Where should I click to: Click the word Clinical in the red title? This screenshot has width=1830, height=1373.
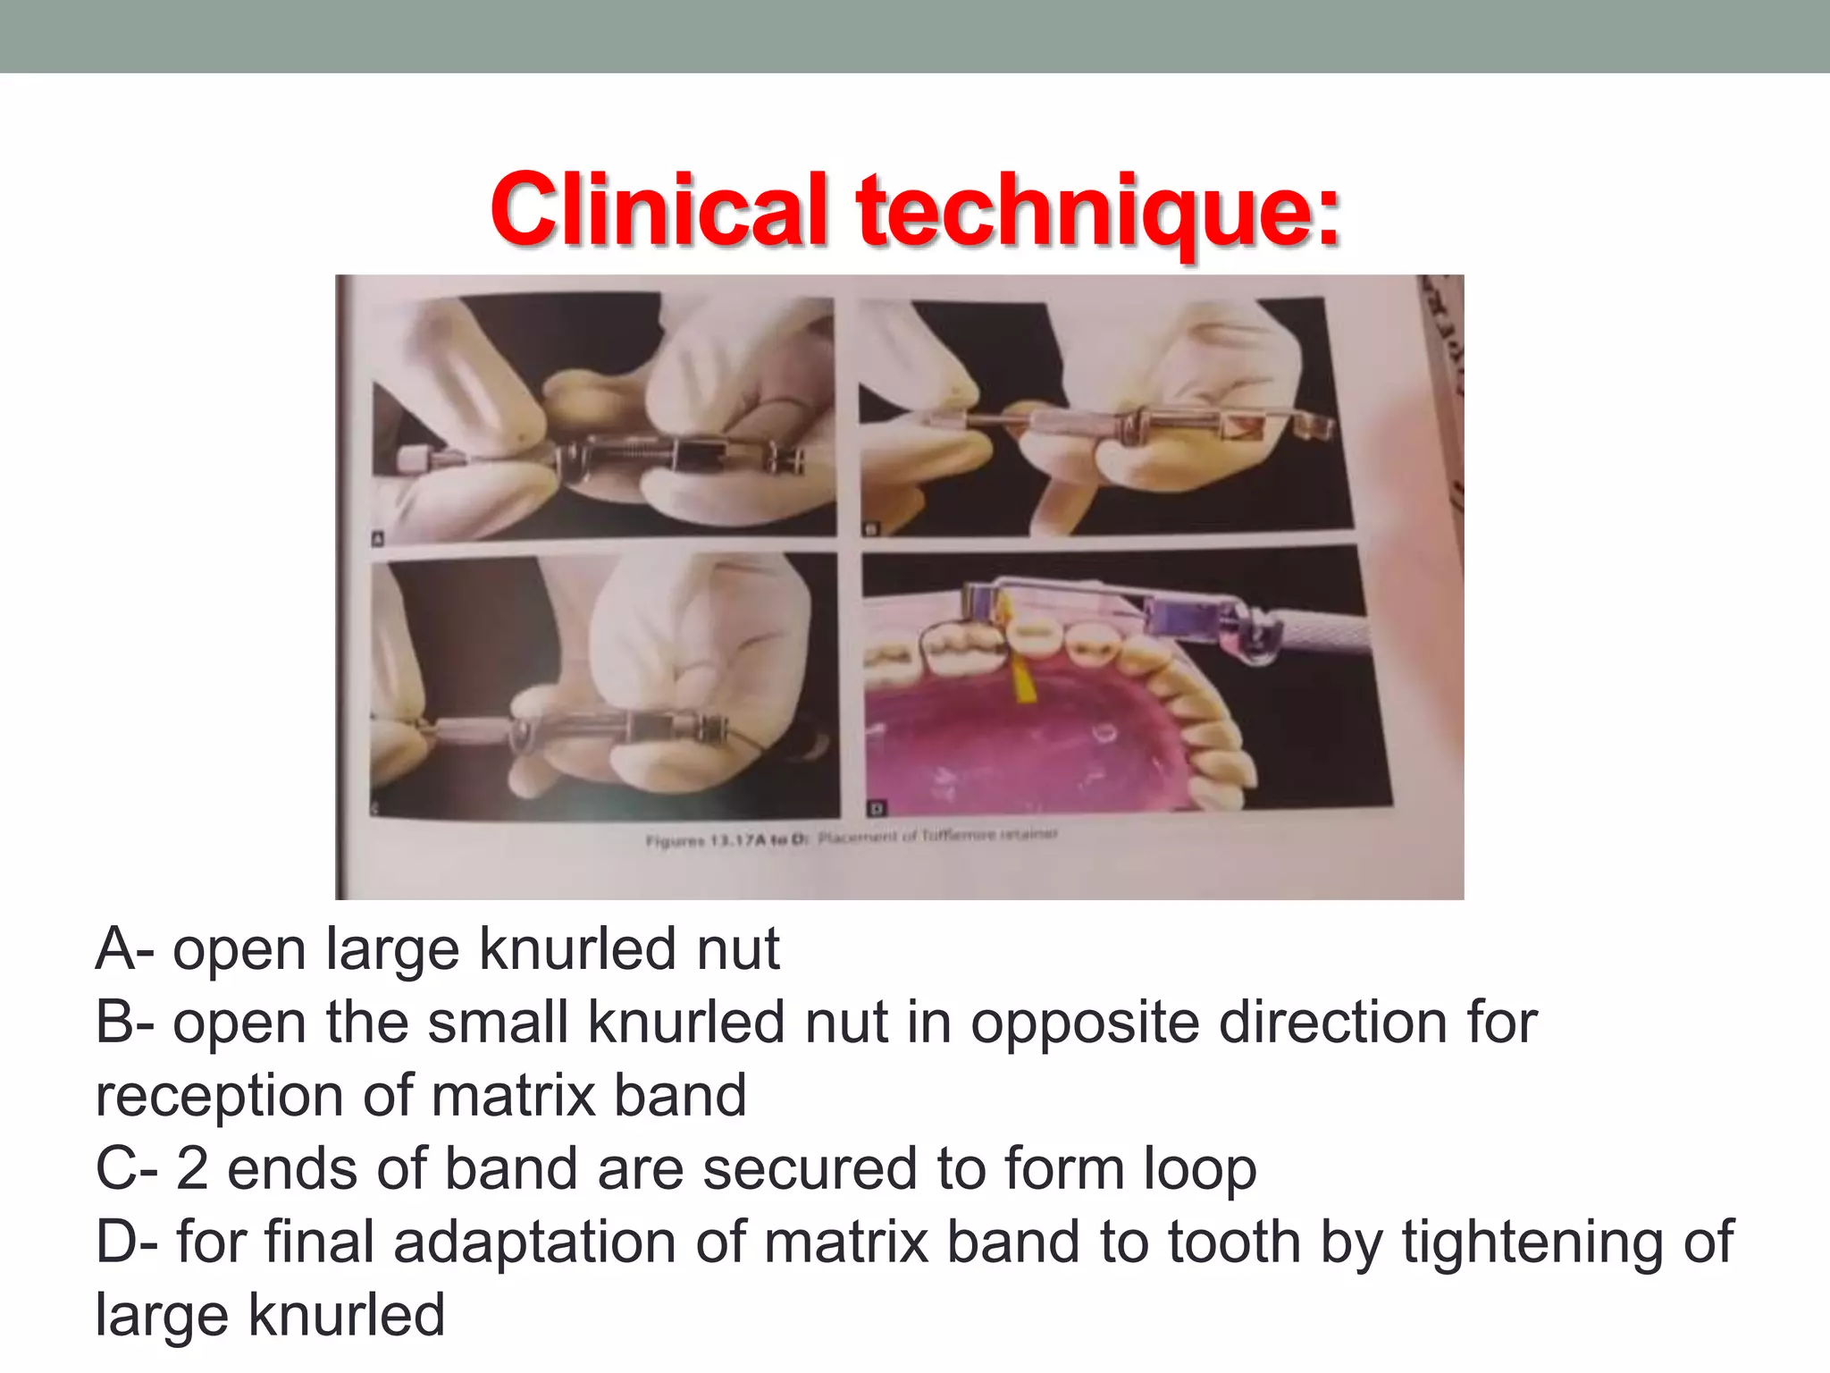[x=659, y=210]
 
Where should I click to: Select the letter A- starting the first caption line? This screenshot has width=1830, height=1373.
[x=125, y=948]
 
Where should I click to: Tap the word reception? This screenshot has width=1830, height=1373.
[x=219, y=1098]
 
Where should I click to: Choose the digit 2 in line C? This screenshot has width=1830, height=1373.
[x=192, y=1169]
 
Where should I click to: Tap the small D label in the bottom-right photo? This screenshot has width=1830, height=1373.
[x=876, y=809]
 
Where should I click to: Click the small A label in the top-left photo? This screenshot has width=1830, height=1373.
[x=377, y=538]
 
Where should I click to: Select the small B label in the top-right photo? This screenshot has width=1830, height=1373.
[x=870, y=529]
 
